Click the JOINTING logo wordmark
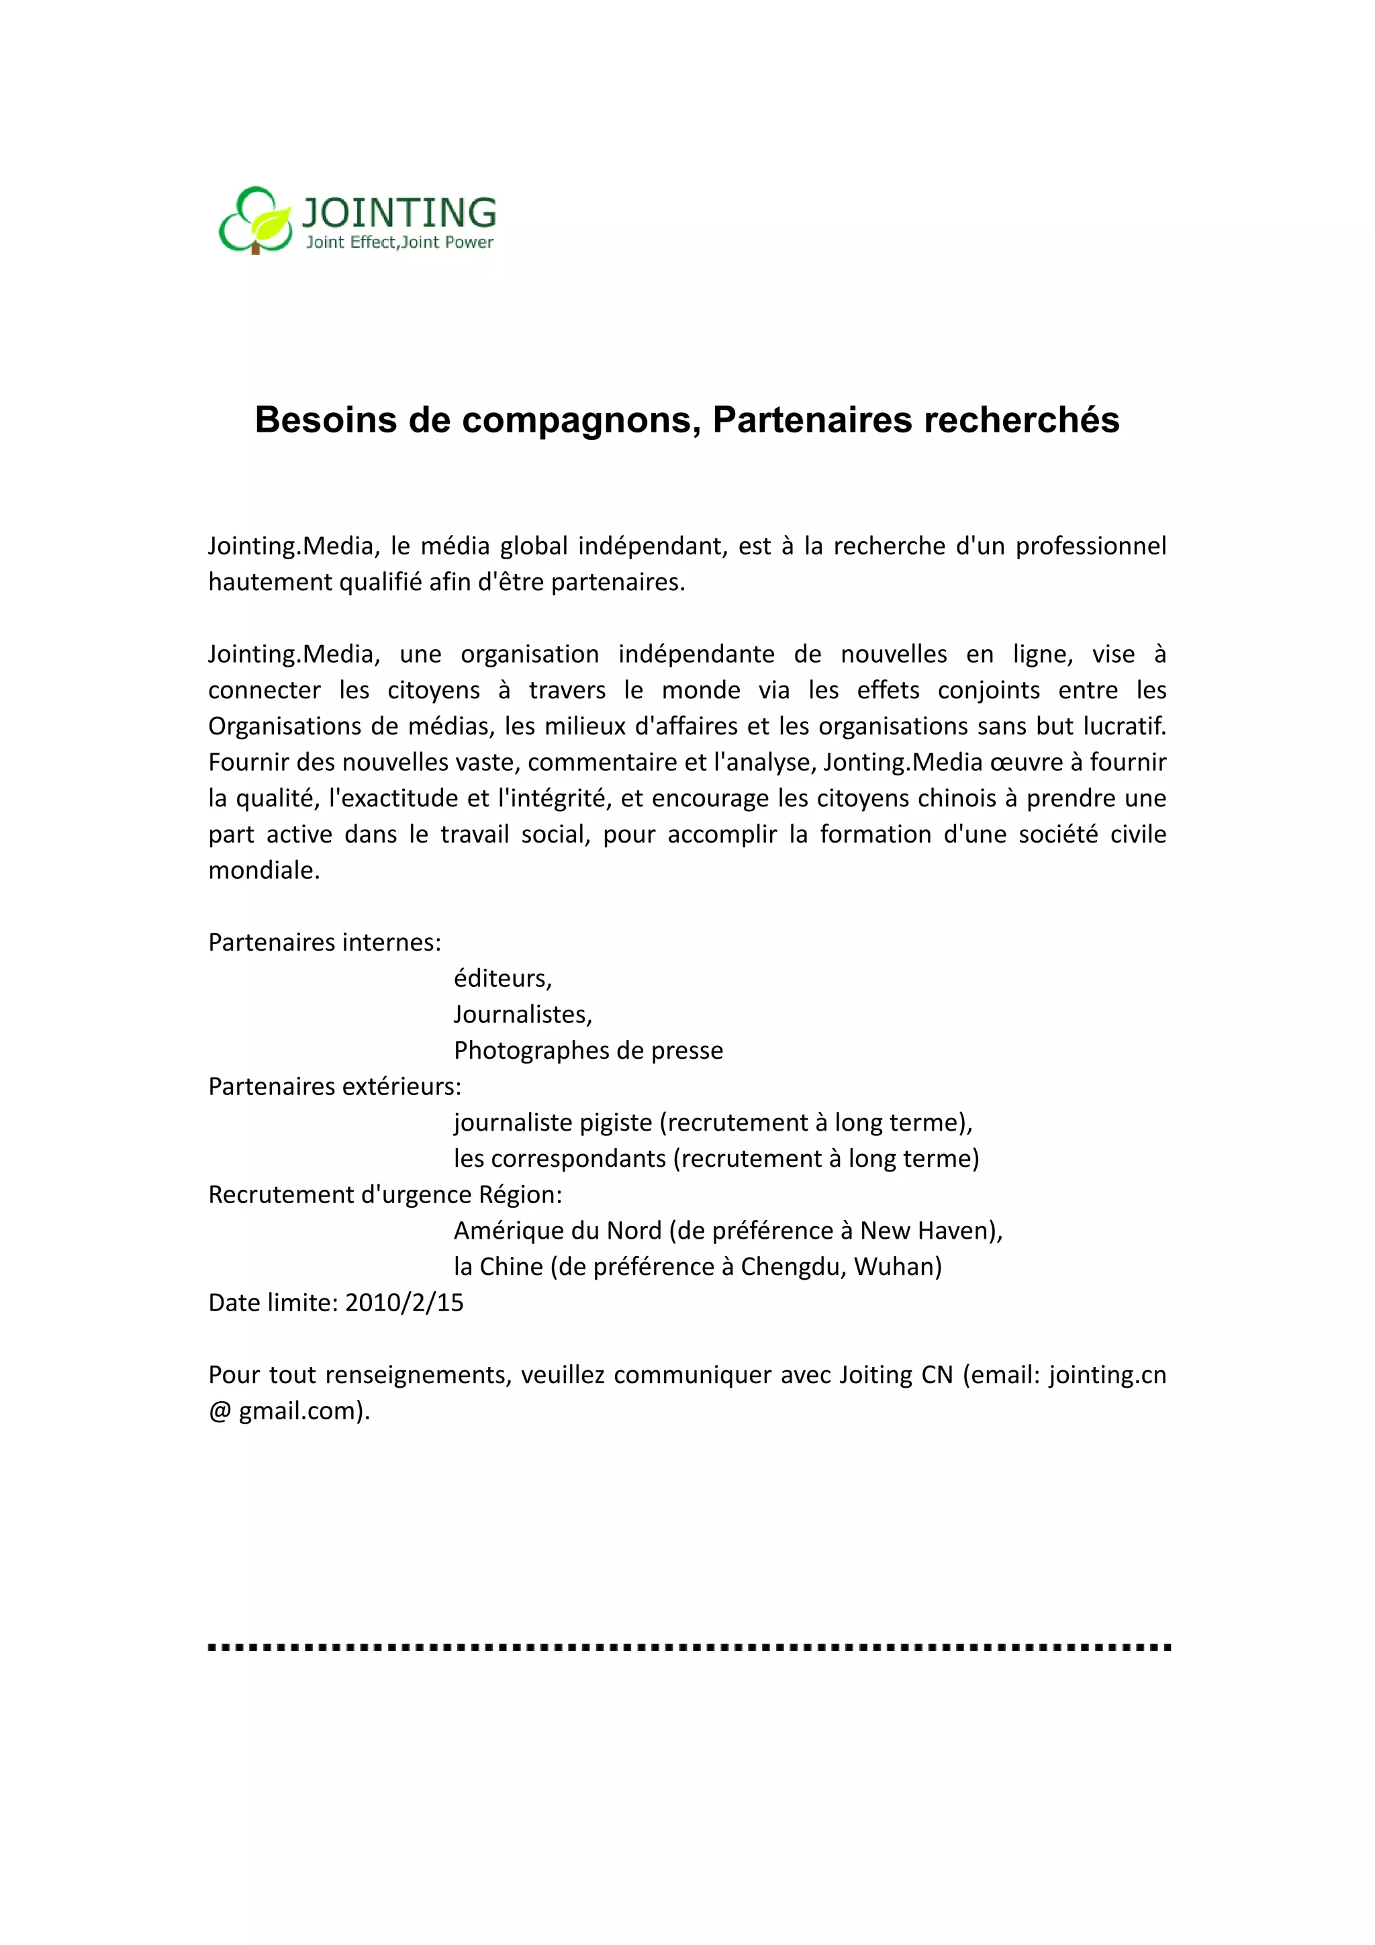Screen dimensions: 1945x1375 399,211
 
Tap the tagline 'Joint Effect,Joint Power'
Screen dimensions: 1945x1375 399,243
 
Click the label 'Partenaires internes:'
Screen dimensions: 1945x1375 324,943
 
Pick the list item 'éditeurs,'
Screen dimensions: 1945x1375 502,978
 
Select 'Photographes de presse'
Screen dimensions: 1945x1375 588,1051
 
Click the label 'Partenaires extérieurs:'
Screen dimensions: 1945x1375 334,1087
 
